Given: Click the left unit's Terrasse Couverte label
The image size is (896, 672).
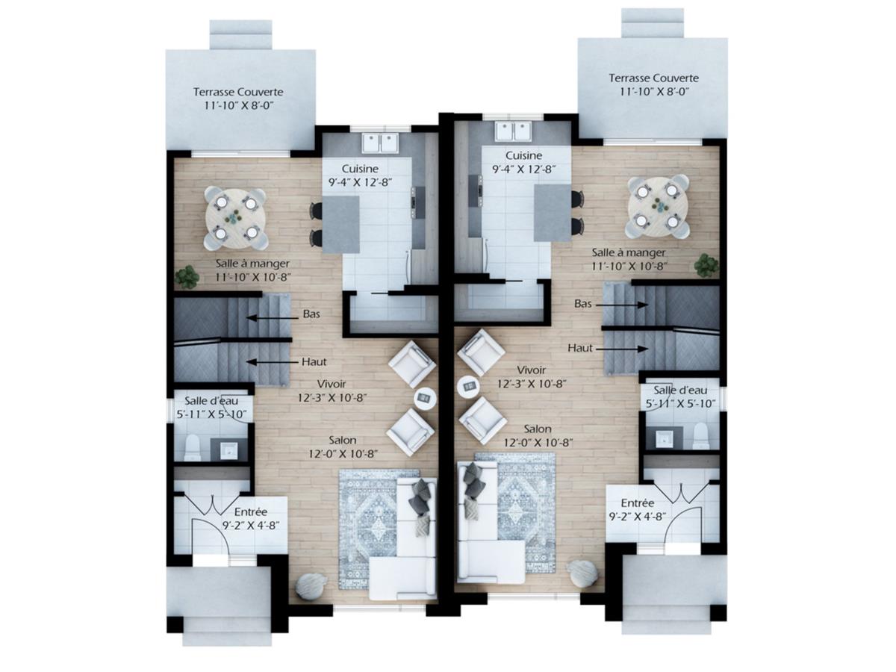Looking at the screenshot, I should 238,92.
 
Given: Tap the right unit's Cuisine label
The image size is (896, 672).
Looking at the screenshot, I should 523,155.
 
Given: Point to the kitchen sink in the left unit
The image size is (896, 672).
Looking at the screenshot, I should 381,142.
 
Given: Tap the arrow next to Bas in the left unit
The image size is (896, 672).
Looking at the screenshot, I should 268,317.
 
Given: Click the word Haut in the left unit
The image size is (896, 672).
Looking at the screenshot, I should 314,362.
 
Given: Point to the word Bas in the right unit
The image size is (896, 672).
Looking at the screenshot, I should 583,304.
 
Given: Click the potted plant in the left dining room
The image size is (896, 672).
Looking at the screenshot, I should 187,277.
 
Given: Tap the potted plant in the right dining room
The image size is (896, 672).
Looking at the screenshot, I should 705,265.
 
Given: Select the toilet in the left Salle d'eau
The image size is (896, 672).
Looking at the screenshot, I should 193,447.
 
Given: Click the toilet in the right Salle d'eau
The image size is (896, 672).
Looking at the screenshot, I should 700,436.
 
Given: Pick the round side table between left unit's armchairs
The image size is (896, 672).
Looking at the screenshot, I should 425,397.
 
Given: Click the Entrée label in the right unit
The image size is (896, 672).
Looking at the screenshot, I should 638,503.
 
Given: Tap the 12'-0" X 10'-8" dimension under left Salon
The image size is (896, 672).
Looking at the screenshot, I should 340,454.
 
